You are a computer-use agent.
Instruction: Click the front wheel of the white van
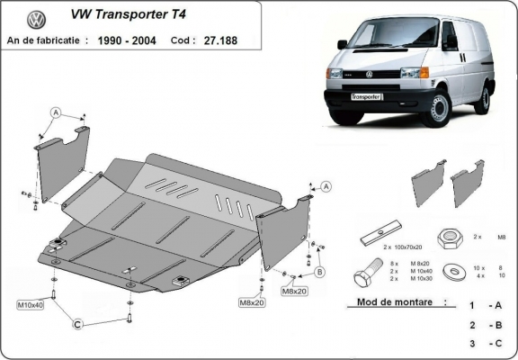click(440, 110)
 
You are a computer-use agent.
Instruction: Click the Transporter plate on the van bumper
click(363, 95)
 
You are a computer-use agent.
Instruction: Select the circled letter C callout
click(79, 323)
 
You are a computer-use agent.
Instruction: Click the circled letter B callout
click(320, 271)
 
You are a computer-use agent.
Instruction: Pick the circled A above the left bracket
click(55, 112)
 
